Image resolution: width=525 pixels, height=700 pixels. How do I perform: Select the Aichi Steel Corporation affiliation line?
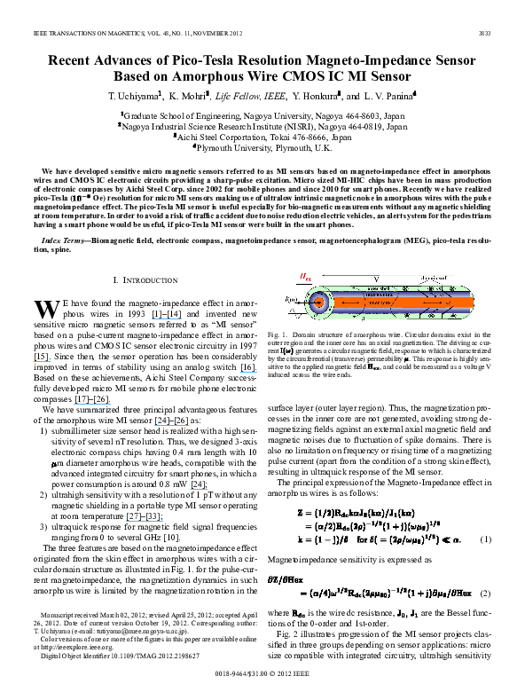click(262, 138)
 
